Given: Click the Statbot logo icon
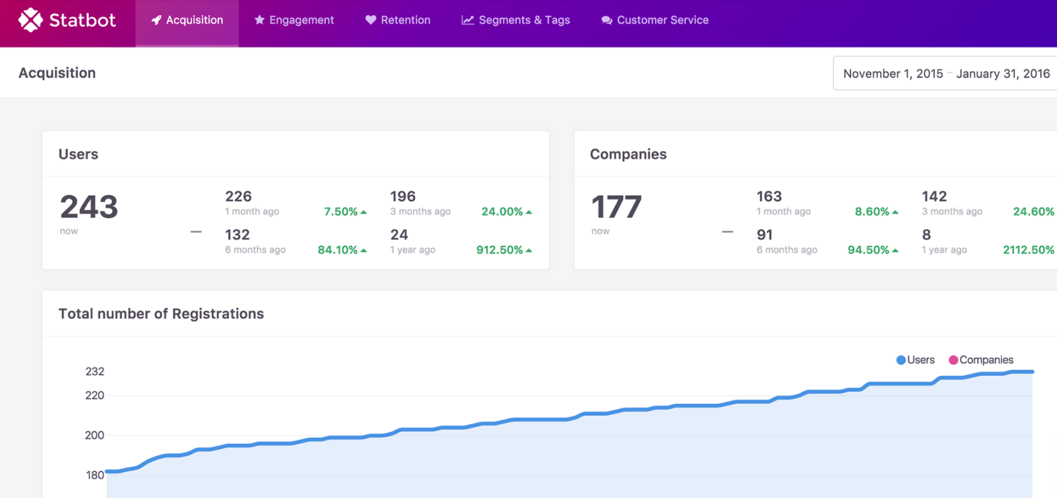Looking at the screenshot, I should click(30, 20).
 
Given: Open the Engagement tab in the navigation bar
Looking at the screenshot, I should click(294, 20).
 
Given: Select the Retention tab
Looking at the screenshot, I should click(398, 20).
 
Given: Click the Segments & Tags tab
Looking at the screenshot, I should click(516, 20).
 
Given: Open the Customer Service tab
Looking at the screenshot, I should click(655, 20).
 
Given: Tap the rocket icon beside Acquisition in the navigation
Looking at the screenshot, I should click(156, 20).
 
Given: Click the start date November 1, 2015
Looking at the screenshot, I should click(893, 74).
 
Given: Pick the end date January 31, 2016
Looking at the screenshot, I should click(1003, 74).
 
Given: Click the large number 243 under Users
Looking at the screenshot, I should click(89, 207).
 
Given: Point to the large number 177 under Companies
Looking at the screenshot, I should click(616, 207).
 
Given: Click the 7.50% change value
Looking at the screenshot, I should click(341, 212).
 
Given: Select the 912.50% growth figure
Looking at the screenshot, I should click(500, 250).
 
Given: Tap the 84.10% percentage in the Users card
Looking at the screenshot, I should click(338, 250).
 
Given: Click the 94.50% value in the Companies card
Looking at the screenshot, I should click(868, 250).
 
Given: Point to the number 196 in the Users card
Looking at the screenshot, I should click(403, 196).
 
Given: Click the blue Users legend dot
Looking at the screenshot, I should click(901, 360).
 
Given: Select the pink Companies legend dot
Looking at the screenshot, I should click(953, 360).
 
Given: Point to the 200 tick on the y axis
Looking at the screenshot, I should click(94, 435).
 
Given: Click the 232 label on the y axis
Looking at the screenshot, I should click(94, 372).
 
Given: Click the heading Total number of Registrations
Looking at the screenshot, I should click(161, 313).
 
